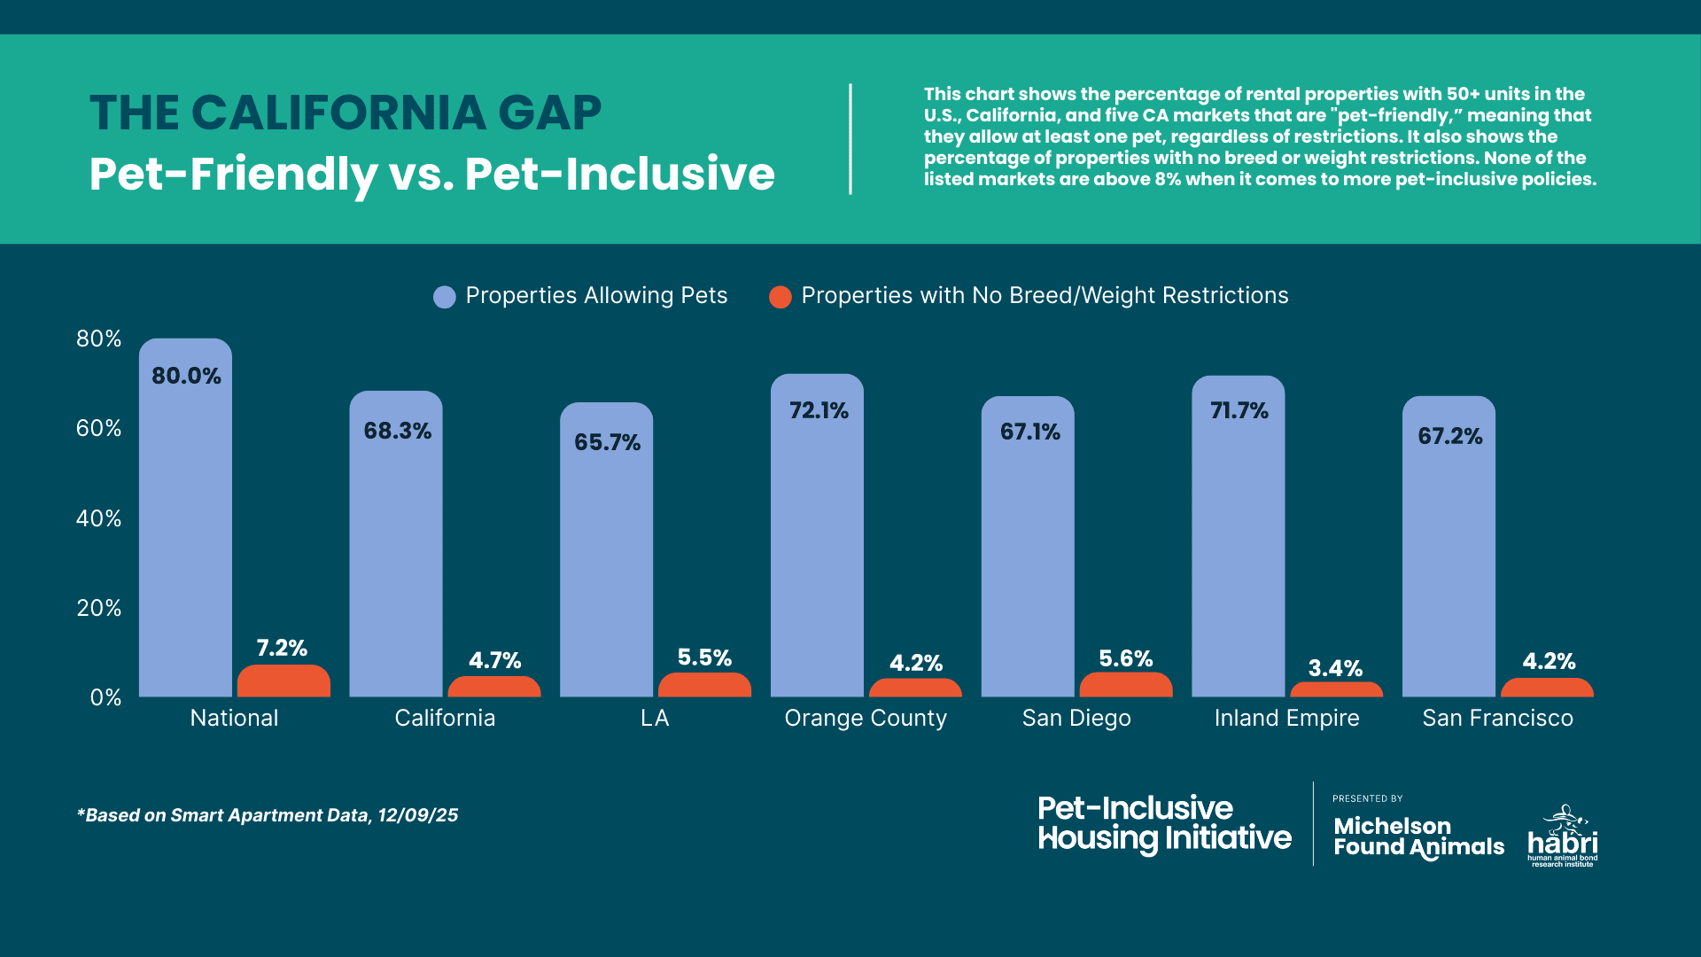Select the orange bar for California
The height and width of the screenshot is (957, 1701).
point(493,688)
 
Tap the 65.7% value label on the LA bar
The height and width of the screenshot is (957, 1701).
point(607,442)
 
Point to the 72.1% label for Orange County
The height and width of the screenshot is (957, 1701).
point(819,410)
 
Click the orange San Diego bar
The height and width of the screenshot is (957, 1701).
point(1125,685)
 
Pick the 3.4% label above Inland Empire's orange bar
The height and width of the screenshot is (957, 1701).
point(1335,668)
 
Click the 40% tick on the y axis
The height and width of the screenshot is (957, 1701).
point(98,518)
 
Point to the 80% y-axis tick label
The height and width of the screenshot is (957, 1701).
point(98,338)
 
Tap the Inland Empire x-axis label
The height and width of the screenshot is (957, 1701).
point(1286,718)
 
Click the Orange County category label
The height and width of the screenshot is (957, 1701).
point(866,718)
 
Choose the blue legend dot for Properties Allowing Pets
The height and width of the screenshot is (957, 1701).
point(444,297)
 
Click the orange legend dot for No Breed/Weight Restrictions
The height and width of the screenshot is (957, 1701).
point(780,297)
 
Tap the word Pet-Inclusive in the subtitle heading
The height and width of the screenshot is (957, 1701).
point(619,174)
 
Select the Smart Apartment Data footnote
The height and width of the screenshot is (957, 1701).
point(268,815)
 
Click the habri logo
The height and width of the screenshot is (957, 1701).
point(1563,837)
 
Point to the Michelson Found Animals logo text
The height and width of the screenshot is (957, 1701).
point(1417,836)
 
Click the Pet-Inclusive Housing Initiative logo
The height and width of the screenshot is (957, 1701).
point(1164,823)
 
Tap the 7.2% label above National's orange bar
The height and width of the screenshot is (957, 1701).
point(282,648)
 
